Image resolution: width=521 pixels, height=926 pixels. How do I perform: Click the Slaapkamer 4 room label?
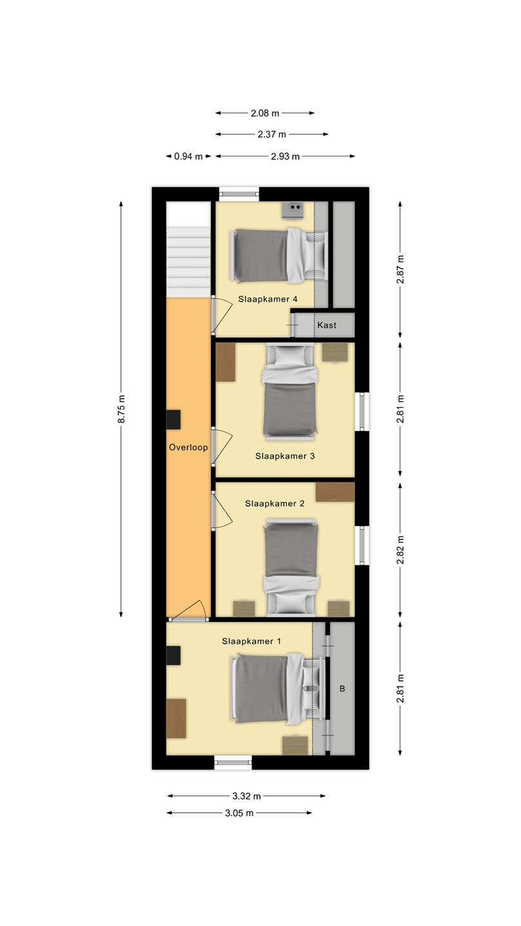coord(268,299)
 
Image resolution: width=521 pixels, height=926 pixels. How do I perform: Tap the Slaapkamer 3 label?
coord(285,456)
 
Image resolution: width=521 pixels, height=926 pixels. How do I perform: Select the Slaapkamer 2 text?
coord(275,504)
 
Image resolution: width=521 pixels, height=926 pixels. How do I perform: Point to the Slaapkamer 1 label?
coord(251,641)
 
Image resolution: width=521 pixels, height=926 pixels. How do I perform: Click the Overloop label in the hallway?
coord(188,448)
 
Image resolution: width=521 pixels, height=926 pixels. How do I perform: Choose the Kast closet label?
coord(327,325)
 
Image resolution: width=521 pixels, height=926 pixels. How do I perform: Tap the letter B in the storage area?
coord(342,689)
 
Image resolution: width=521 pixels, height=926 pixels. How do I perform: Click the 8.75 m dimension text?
coord(122,409)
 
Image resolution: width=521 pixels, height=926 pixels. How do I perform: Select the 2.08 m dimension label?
coord(265,113)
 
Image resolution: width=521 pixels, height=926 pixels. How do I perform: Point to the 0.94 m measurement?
coord(188,157)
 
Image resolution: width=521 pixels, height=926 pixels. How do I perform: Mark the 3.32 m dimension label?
coord(246,796)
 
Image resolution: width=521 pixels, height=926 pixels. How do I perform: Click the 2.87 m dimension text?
coord(400,269)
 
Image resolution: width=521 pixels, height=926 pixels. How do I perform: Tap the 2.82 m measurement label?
coord(400,550)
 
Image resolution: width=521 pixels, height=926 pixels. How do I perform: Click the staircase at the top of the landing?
coord(188,250)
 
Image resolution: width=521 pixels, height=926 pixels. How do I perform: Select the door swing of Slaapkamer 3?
coord(223,446)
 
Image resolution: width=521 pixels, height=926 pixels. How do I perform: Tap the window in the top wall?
coord(239,194)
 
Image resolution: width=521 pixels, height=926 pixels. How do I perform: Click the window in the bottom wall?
coord(233,763)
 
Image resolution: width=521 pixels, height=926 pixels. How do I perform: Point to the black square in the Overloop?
coord(174,420)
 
